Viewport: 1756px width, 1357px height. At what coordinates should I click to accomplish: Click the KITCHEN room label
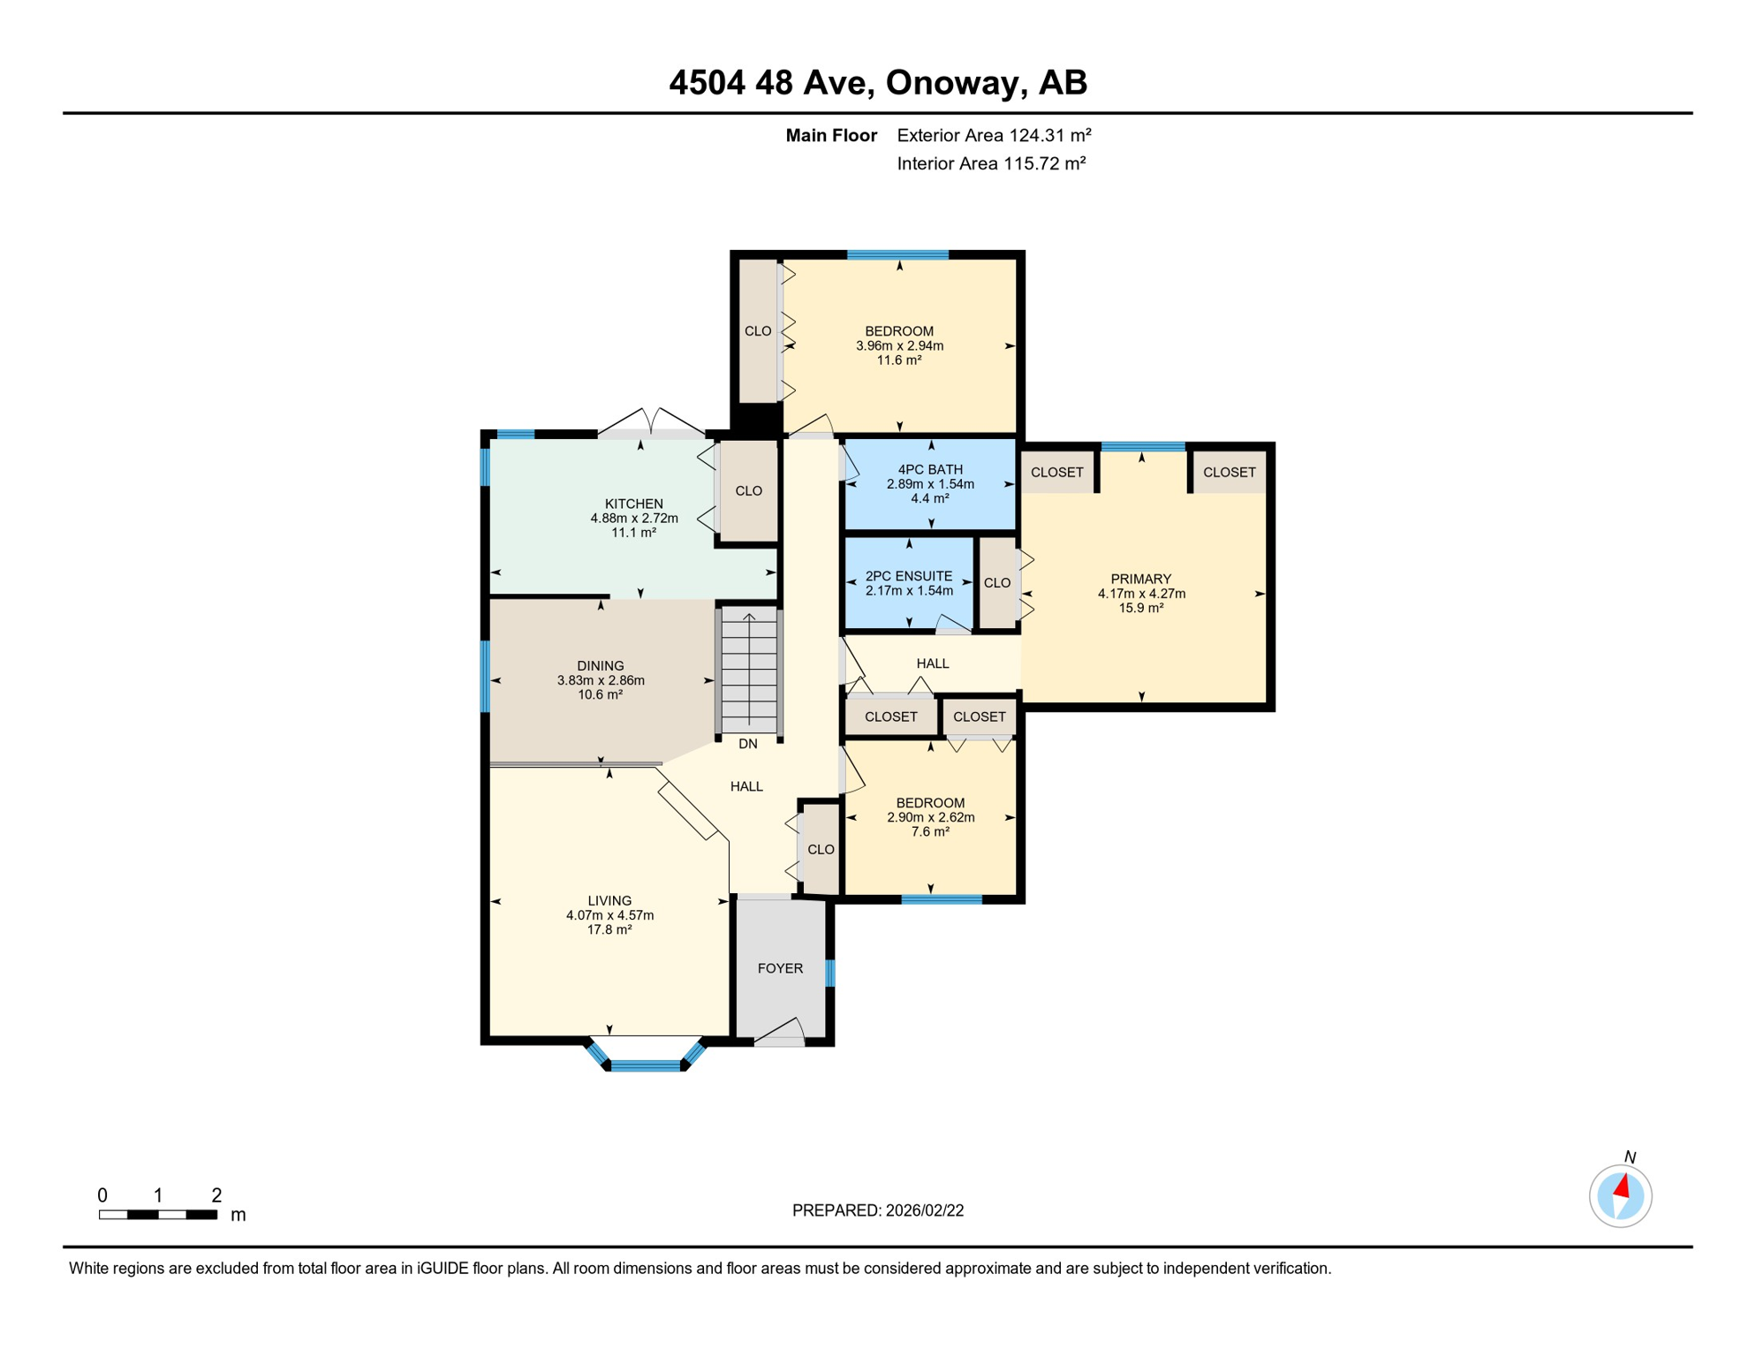coord(633,504)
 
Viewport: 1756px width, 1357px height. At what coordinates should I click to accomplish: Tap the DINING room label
coord(600,666)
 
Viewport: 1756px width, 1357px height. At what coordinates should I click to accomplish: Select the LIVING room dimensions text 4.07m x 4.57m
coord(609,915)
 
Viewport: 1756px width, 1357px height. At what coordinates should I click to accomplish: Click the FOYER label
coord(780,968)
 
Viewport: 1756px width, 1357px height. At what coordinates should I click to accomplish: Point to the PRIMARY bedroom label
coord(1140,580)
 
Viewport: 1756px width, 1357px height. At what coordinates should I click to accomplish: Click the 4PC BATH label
coord(929,470)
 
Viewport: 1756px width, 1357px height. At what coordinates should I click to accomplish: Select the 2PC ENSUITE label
coord(908,576)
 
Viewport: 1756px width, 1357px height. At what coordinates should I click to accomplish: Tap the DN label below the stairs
coord(747,744)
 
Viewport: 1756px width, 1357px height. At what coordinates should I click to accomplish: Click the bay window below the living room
coord(646,1065)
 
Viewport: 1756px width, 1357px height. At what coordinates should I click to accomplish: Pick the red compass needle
coord(1622,1186)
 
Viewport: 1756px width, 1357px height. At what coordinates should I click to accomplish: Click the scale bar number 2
coord(216,1195)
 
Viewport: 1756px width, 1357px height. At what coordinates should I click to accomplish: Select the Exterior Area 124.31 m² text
coord(994,135)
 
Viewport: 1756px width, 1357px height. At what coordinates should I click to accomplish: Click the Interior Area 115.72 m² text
coord(991,163)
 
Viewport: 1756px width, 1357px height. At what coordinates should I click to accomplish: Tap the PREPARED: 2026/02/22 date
coord(877,1210)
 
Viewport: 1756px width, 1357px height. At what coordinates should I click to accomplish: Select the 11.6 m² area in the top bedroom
coord(898,360)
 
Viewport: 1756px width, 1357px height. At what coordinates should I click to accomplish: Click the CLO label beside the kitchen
coord(748,491)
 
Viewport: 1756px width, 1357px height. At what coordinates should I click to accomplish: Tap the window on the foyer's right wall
coord(829,973)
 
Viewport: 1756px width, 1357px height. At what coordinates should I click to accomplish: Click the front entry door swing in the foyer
coord(782,1032)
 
